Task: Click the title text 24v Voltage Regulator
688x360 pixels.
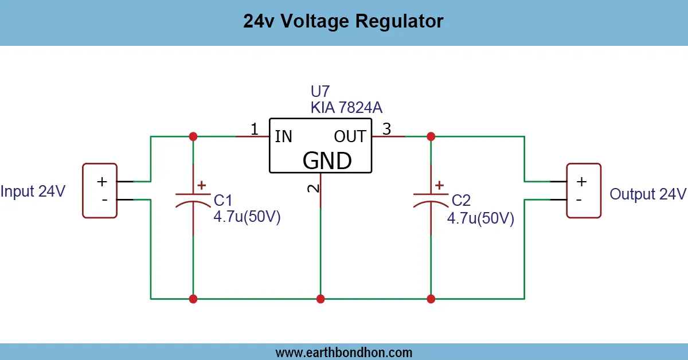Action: (x=343, y=21)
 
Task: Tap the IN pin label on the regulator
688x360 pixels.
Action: (x=283, y=136)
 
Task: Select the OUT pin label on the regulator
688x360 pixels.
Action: (x=350, y=136)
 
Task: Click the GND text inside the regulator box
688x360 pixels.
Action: (x=327, y=161)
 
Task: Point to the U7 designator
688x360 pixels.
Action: (x=320, y=92)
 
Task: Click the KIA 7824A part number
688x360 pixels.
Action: (x=346, y=108)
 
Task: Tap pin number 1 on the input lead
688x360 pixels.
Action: (x=255, y=130)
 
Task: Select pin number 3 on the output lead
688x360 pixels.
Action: (x=386, y=130)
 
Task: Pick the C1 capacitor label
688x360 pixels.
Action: (x=223, y=201)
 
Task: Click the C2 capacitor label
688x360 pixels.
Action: (x=461, y=201)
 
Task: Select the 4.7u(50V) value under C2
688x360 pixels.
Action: (x=480, y=218)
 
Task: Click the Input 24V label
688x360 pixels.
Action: (x=33, y=191)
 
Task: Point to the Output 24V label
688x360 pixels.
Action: (x=647, y=194)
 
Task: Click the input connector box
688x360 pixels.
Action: (x=100, y=190)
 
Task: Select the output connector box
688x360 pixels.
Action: (x=584, y=190)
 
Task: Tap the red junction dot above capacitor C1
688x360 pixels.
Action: (x=193, y=136)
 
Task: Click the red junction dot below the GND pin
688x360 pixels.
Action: (x=320, y=299)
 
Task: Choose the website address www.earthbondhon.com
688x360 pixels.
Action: (x=343, y=352)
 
